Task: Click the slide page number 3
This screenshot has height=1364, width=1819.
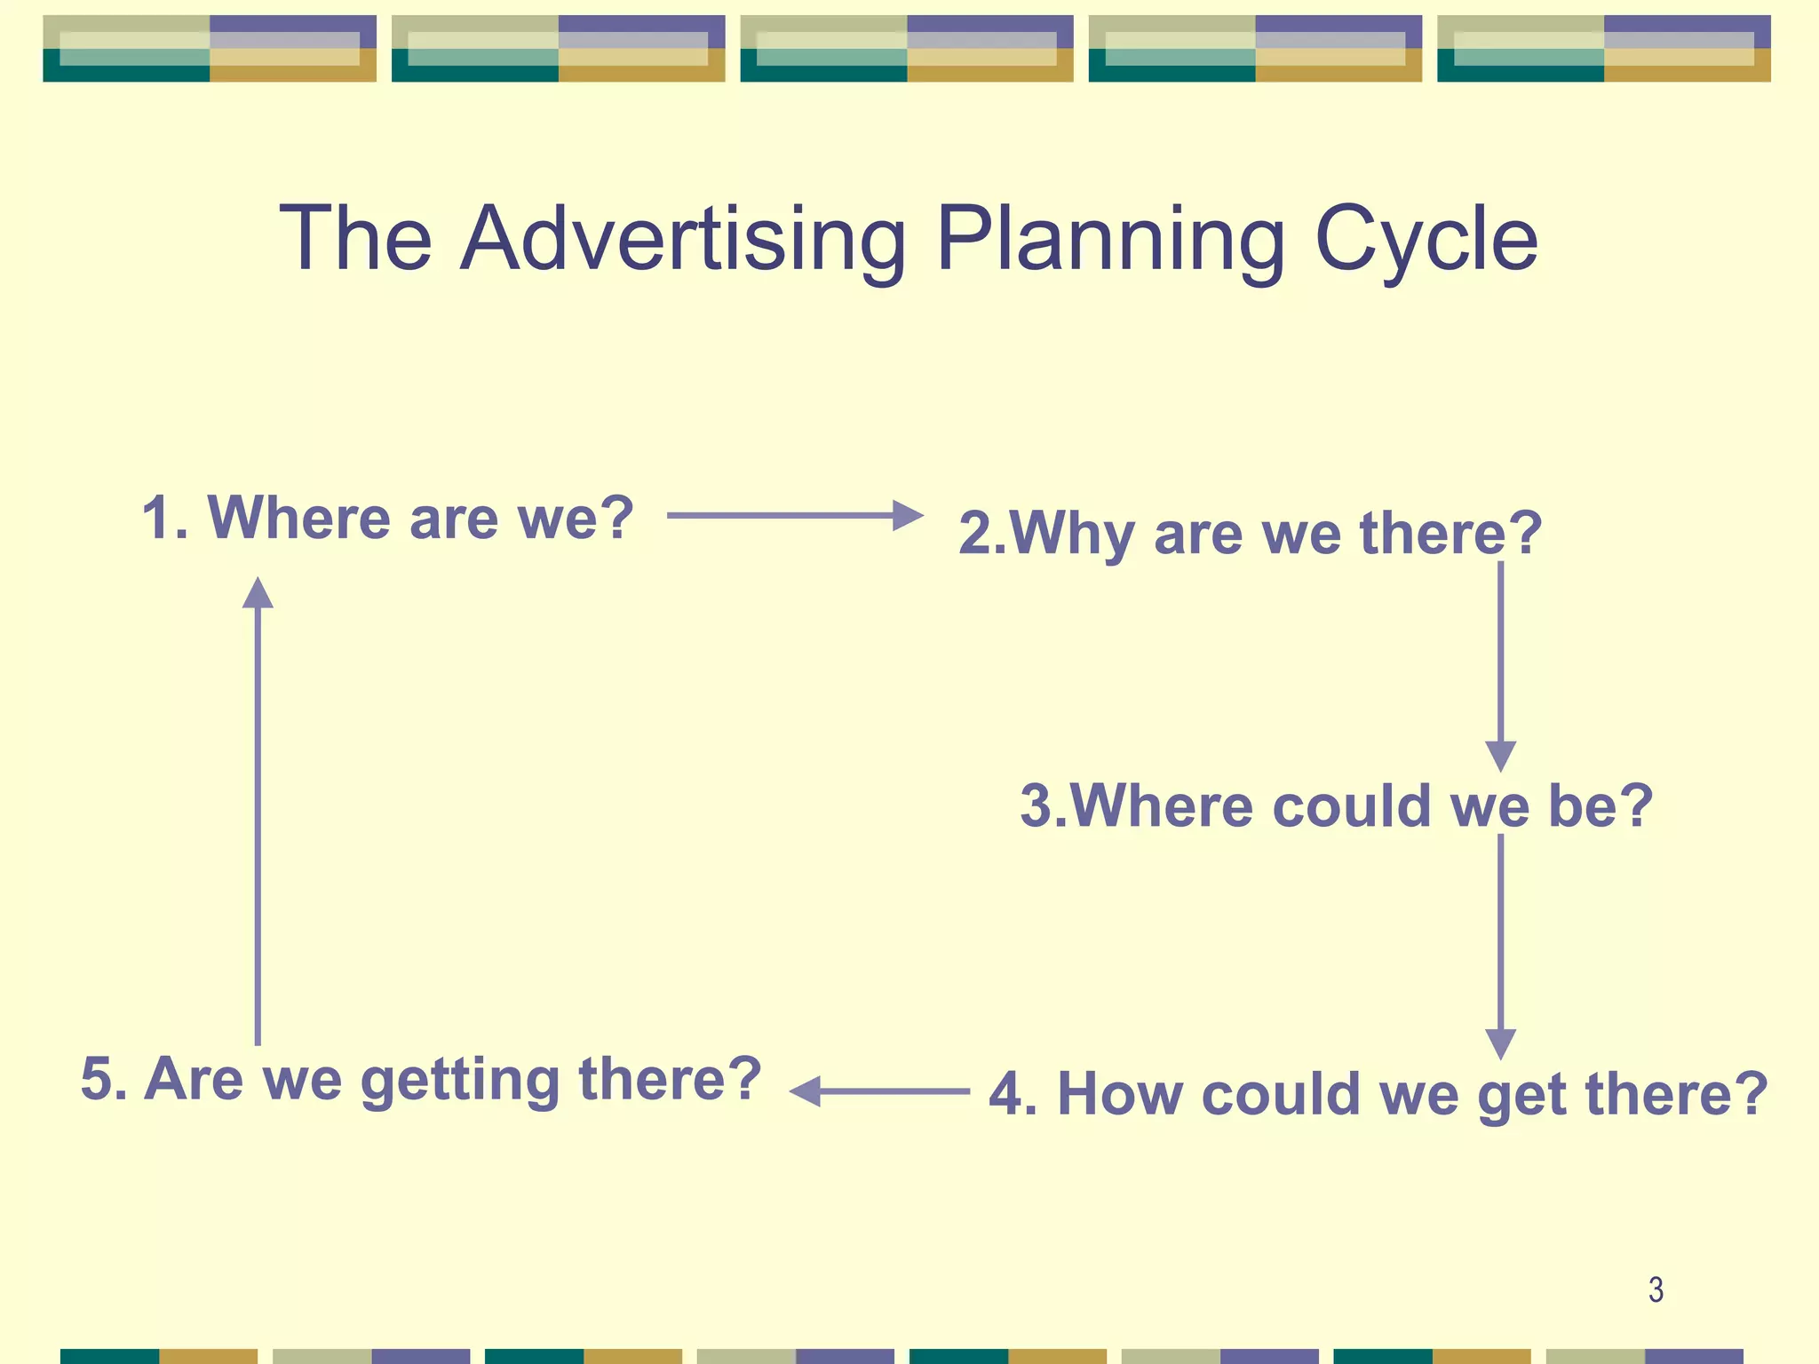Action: pos(1656,1289)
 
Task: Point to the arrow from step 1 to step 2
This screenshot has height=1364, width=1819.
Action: pos(795,515)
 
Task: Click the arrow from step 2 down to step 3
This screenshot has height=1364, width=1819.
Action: pos(1500,666)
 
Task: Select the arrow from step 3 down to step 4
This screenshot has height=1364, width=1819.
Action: pos(1500,946)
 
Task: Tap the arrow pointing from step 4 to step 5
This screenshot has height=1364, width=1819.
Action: pos(879,1090)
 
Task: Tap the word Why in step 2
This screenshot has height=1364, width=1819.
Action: pos(1070,535)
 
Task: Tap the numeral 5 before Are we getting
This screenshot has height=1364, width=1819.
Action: pos(97,1080)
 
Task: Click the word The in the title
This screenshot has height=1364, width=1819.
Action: pos(355,240)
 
